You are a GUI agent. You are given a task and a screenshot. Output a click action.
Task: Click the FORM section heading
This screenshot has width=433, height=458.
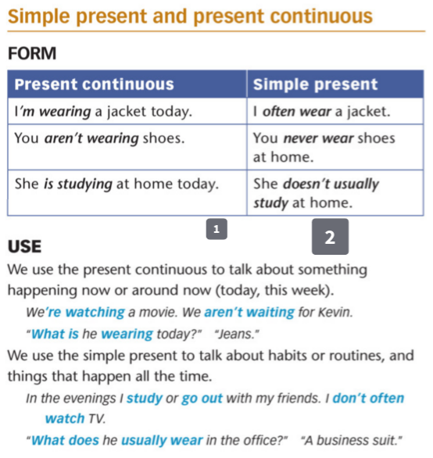coord(31,54)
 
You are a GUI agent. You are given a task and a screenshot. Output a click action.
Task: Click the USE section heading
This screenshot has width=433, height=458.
coord(24,247)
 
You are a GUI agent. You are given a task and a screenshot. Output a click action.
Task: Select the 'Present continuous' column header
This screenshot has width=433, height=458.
coord(95,84)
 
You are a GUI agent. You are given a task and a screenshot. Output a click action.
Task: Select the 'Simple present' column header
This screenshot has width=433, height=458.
coord(315,84)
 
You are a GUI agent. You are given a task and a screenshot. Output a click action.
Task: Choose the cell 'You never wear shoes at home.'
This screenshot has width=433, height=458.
coord(324,148)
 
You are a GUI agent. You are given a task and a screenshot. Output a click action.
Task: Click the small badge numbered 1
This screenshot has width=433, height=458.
coord(216,228)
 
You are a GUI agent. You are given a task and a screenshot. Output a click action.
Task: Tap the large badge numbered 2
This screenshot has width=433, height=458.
coord(330,238)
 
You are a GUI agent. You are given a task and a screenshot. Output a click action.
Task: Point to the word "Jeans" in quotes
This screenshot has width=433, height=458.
coord(236,334)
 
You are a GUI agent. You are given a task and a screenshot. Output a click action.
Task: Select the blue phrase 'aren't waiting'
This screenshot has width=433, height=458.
coord(249,313)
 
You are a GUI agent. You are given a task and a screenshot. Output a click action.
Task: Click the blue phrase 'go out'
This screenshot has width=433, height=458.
coord(202,398)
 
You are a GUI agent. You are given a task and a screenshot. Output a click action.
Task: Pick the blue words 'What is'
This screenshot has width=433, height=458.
coord(53,334)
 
